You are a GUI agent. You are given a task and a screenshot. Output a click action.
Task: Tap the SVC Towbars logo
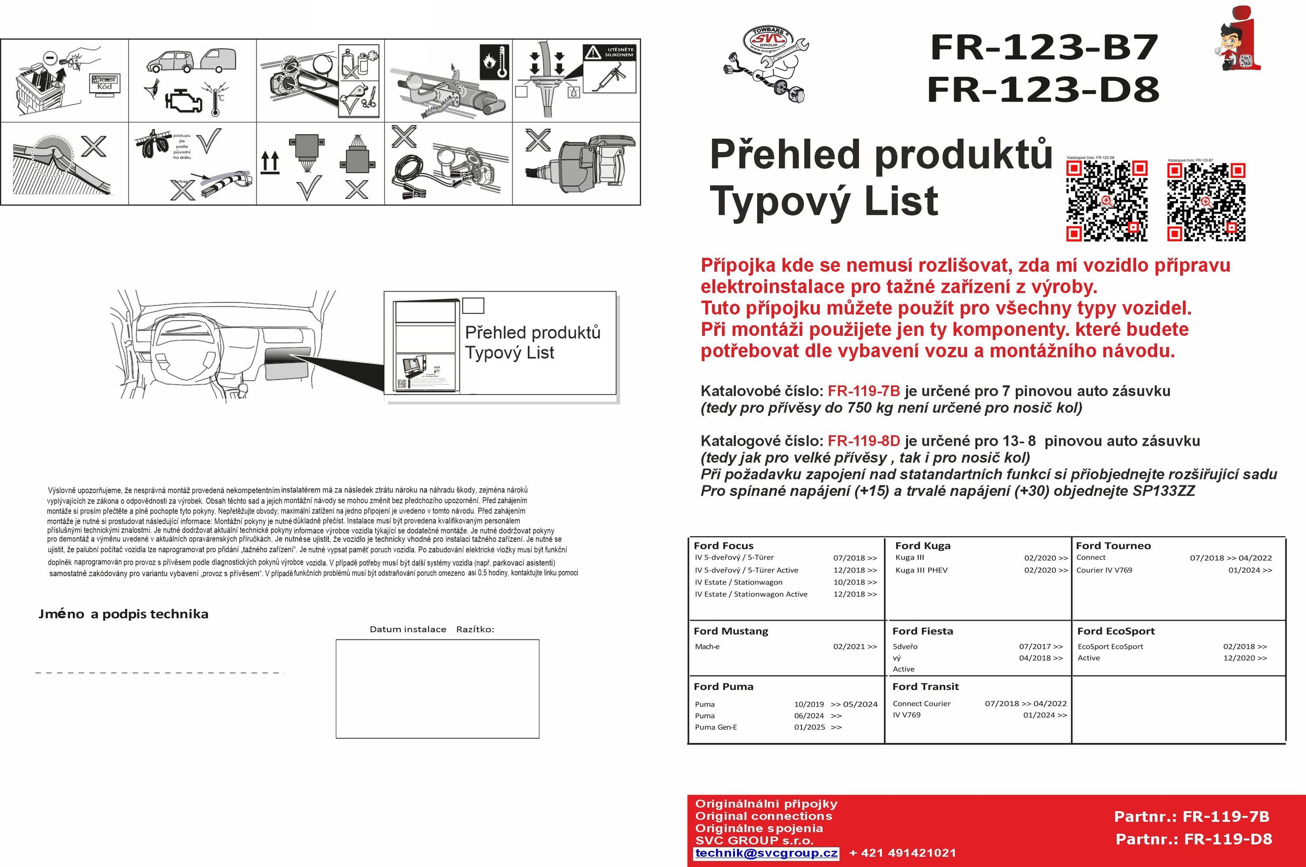767,62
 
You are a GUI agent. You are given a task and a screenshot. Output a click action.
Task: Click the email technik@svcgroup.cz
766,853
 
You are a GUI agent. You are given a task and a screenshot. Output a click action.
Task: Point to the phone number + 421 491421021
902,853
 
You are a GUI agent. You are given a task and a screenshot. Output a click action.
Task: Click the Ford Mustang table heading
731,631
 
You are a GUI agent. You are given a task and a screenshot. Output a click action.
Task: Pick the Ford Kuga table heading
922,546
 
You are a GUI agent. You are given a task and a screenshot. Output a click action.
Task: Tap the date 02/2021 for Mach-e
855,646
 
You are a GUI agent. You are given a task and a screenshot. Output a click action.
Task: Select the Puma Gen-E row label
716,727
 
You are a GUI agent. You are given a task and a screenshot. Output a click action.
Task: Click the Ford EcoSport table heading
1115,631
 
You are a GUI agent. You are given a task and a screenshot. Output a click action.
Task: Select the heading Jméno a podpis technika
123,614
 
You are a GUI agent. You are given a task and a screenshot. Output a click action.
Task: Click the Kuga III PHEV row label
921,570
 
